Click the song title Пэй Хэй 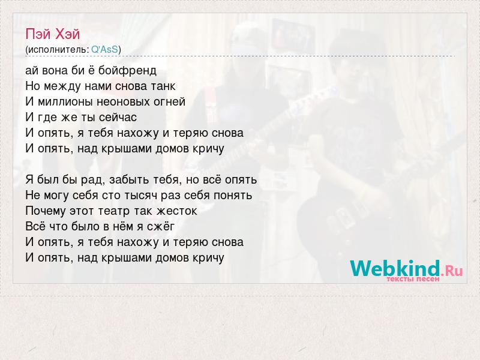52,34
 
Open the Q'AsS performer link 104,49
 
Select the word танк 163,86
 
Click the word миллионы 65,101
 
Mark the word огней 169,101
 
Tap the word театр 115,211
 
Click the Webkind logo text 395,268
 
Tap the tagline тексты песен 413,279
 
